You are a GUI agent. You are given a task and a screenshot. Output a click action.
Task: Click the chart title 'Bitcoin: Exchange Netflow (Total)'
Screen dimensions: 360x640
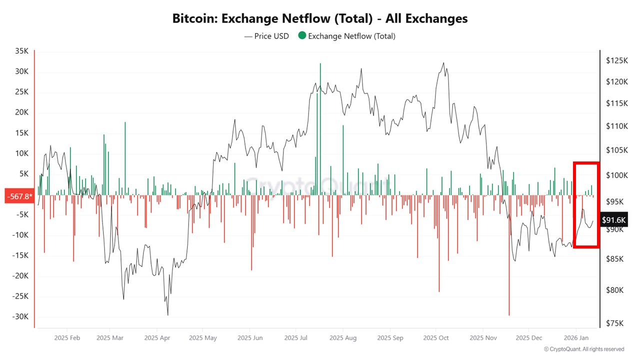(x=320, y=18)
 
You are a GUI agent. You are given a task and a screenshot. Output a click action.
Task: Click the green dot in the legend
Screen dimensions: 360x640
(x=302, y=35)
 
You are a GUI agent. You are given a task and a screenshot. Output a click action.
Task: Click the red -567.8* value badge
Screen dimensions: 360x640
(x=19, y=195)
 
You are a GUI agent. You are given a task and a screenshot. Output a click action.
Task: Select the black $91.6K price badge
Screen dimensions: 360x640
(x=613, y=219)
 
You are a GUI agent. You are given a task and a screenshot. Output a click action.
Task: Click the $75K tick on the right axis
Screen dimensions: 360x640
(x=614, y=323)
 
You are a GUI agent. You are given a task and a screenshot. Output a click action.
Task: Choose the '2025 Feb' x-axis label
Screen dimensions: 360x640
(x=67, y=338)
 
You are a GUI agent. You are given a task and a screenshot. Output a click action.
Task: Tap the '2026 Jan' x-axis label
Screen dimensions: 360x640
(x=575, y=338)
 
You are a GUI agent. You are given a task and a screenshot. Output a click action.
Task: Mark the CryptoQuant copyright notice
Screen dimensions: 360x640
(x=584, y=349)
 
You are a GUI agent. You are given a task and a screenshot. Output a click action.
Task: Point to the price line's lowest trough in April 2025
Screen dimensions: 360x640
(x=167, y=314)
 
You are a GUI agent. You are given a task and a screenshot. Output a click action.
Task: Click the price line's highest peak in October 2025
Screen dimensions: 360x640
(x=443, y=63)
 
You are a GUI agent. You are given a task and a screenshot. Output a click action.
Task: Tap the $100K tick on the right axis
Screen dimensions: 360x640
(x=615, y=175)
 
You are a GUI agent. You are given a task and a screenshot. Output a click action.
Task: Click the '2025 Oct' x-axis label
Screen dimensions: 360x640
(x=435, y=338)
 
